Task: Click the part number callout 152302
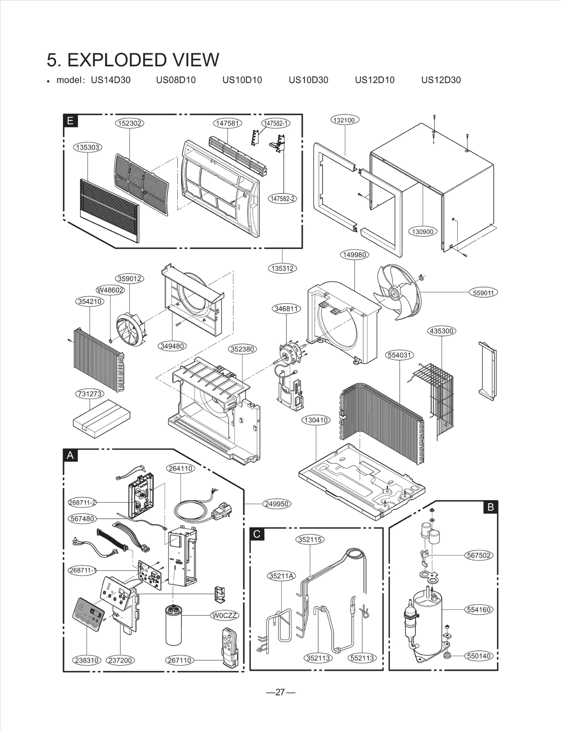pos(130,123)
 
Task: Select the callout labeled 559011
pos(483,293)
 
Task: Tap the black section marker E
pos(70,121)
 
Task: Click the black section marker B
pos(491,507)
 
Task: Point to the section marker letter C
pos(257,534)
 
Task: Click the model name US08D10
pos(176,80)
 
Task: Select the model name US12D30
pos(441,80)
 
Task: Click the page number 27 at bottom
pos(280,692)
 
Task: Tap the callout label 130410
pos(316,420)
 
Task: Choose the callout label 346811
pos(286,309)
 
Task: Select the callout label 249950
pos(277,504)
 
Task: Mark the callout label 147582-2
pos(282,199)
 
